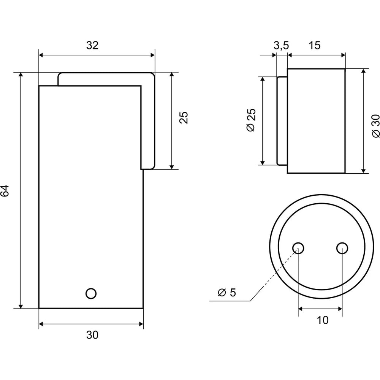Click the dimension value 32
(x=92, y=45)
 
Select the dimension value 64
(x=5, y=190)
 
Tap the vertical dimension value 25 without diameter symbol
(x=184, y=118)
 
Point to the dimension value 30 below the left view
(x=92, y=335)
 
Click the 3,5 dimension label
(x=281, y=45)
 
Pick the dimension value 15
(x=315, y=45)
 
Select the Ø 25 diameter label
(x=251, y=120)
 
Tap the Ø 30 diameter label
(x=376, y=126)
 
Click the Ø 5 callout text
(x=227, y=293)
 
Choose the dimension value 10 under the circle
(x=323, y=320)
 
